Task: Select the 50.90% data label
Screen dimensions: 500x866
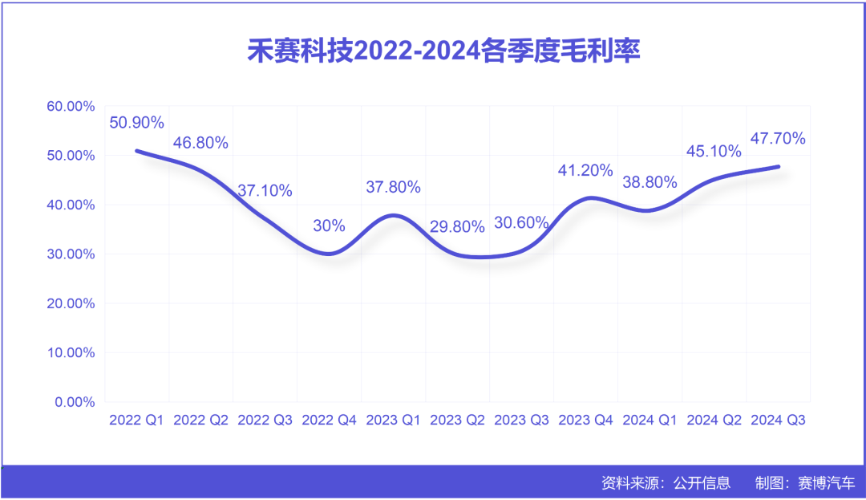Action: pos(136,123)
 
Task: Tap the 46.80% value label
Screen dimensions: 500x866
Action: pos(200,143)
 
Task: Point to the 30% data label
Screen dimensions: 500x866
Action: pos(329,226)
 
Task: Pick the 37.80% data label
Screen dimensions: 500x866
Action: pos(393,187)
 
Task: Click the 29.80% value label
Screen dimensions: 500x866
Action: pos(457,227)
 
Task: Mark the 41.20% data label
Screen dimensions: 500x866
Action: pos(585,170)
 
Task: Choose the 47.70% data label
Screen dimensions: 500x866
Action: pos(778,138)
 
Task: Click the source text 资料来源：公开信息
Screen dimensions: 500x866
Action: pos(666,483)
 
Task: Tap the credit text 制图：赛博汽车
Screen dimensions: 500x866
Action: pos(805,483)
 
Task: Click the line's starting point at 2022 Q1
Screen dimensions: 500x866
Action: pos(137,151)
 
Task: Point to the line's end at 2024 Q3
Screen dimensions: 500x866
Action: pos(778,166)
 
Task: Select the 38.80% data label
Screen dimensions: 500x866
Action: pos(649,182)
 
